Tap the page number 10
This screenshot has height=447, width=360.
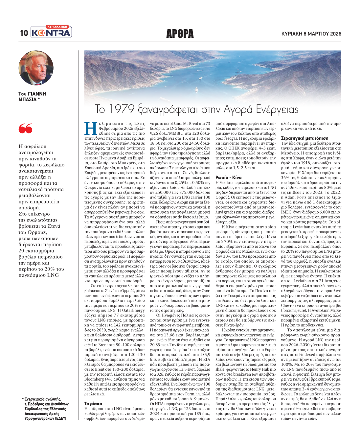click(24, 33)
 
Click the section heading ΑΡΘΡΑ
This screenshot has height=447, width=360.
click(180, 34)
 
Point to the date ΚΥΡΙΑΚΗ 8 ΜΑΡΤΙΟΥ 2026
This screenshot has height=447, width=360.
click(311, 34)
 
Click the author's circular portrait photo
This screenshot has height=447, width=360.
click(36, 68)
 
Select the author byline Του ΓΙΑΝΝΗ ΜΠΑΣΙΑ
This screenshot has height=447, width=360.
click(32, 96)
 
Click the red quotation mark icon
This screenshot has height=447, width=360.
click(26, 129)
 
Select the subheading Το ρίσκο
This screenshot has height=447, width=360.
click(93, 403)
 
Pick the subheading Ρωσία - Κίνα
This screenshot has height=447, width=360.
click(228, 177)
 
